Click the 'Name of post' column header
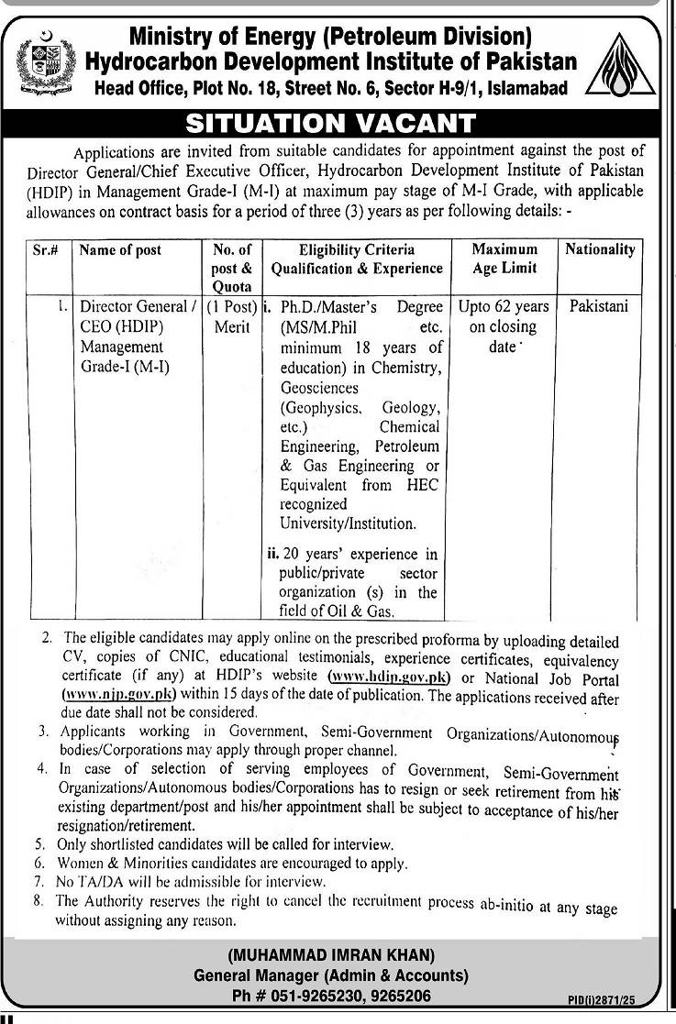(120, 250)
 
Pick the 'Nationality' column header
(600, 249)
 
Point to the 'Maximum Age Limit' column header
(505, 259)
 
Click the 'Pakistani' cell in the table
(599, 306)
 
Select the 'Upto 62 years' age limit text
(505, 306)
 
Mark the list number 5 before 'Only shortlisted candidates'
(39, 844)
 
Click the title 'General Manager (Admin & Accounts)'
(331, 975)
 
